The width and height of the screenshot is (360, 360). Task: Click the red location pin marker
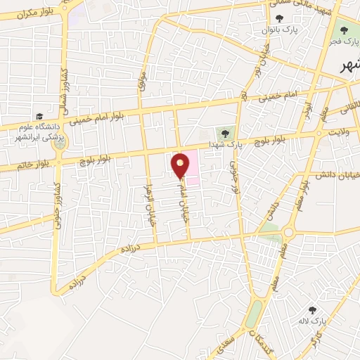(x=181, y=165)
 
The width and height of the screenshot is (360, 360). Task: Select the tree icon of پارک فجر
(x=344, y=30)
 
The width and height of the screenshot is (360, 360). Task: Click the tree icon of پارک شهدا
(x=225, y=131)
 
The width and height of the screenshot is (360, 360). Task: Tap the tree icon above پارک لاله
(x=312, y=309)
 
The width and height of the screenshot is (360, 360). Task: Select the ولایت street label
(x=336, y=132)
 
